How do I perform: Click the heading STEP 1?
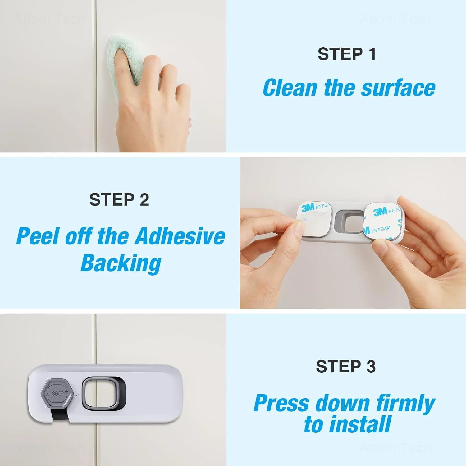click(x=347, y=54)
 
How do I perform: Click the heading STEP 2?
click(x=119, y=199)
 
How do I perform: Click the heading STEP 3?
click(x=346, y=367)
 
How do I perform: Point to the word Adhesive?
click(x=180, y=236)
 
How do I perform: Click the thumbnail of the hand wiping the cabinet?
click(x=113, y=76)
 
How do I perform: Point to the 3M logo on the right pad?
click(x=380, y=212)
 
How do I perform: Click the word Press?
click(x=281, y=404)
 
